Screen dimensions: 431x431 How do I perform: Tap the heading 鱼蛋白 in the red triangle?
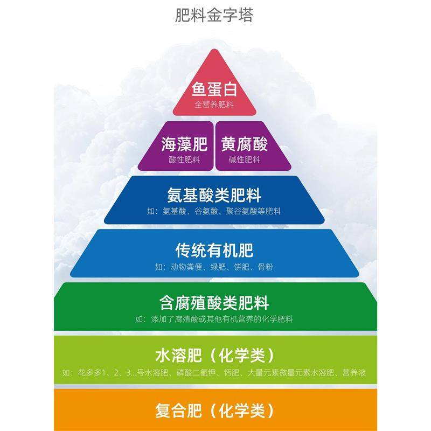(x=214, y=88)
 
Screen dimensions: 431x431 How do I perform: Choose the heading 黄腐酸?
(x=245, y=144)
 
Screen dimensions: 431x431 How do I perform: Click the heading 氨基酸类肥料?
(x=214, y=195)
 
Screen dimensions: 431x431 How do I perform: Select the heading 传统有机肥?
(x=214, y=251)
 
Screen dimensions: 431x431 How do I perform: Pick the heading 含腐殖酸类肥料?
(x=214, y=303)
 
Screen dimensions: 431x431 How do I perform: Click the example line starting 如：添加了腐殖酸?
(x=214, y=319)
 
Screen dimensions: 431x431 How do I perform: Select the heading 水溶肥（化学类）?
(x=214, y=356)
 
